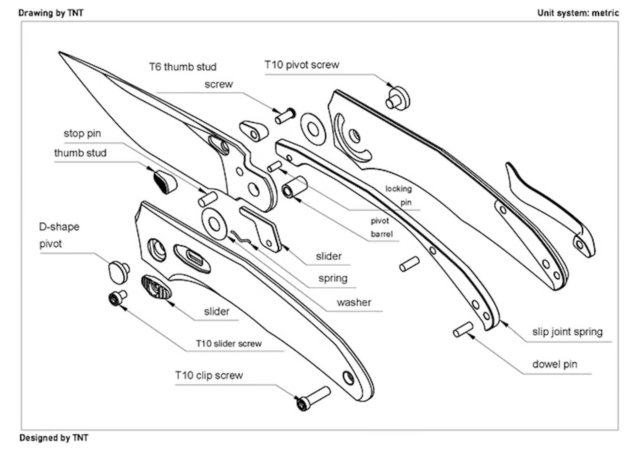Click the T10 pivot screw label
pos(301,65)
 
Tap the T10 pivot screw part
pos(397,98)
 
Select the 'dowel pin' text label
pos(554,364)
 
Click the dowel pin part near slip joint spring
pos(463,329)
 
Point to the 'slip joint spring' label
pos(567,331)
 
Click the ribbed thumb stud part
pos(163,181)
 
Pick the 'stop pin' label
pos(82,134)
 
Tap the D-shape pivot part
pos(118,270)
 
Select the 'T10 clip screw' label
pos(208,375)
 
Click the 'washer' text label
pos(353,302)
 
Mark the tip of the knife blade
pos(60,52)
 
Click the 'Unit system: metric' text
pos(577,13)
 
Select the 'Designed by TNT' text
pos(53,438)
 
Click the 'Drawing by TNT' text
pos(51,13)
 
